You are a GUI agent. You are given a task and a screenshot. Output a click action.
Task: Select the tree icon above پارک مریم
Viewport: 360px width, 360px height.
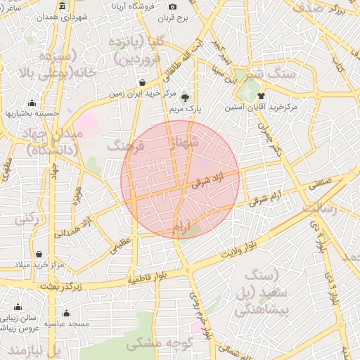(186, 98)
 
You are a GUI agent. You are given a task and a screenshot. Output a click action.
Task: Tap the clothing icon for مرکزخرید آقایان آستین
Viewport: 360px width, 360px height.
(261, 96)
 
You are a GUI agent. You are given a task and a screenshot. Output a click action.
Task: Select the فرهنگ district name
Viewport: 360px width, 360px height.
(124, 146)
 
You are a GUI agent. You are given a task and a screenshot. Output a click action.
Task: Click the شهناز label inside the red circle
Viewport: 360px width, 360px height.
(186, 143)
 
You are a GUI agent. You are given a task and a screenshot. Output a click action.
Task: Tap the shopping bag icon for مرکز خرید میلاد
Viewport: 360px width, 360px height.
(38, 254)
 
